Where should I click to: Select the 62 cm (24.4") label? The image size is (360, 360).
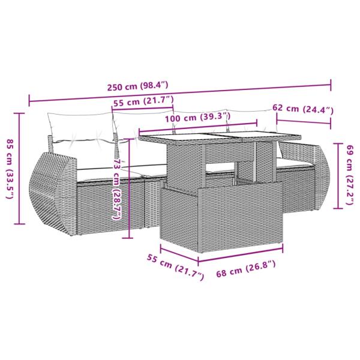pyautogui.click(x=302, y=109)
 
